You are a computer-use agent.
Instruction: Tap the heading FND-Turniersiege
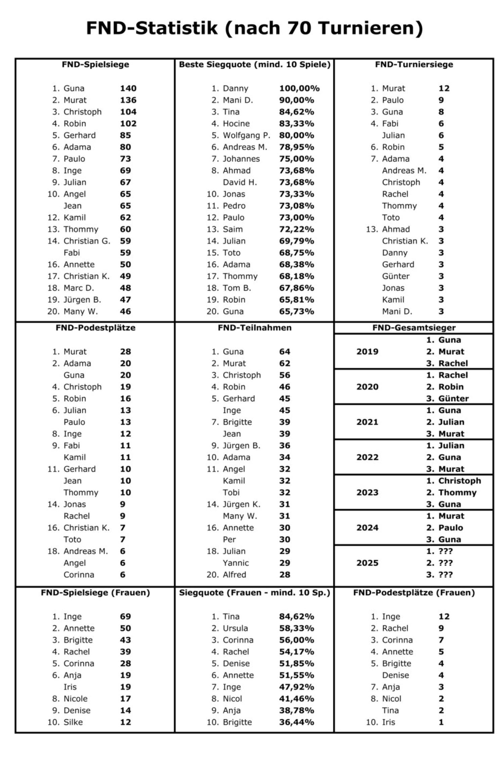[414, 64]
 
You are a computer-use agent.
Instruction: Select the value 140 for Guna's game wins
[128, 88]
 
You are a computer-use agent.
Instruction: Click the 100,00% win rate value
[299, 88]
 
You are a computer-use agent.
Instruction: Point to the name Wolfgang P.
[246, 135]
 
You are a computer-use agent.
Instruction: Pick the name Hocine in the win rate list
[236, 123]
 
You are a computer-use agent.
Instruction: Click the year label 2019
[367, 352]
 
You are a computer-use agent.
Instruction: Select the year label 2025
[367, 563]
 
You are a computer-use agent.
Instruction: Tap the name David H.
[240, 182]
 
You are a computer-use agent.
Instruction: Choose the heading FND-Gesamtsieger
[414, 328]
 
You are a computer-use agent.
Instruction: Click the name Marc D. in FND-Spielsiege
[79, 288]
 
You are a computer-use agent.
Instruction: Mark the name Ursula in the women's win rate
[235, 628]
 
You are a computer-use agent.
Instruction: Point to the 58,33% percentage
[297, 628]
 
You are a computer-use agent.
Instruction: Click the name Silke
[73, 722]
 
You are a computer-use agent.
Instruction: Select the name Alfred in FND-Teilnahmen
[234, 575]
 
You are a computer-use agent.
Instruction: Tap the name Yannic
[236, 563]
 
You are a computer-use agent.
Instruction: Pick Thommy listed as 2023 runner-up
[457, 493]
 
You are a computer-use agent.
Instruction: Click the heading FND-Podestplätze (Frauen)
[414, 592]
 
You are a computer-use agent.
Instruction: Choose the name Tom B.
[237, 288]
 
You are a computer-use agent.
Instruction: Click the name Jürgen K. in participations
[242, 504]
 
